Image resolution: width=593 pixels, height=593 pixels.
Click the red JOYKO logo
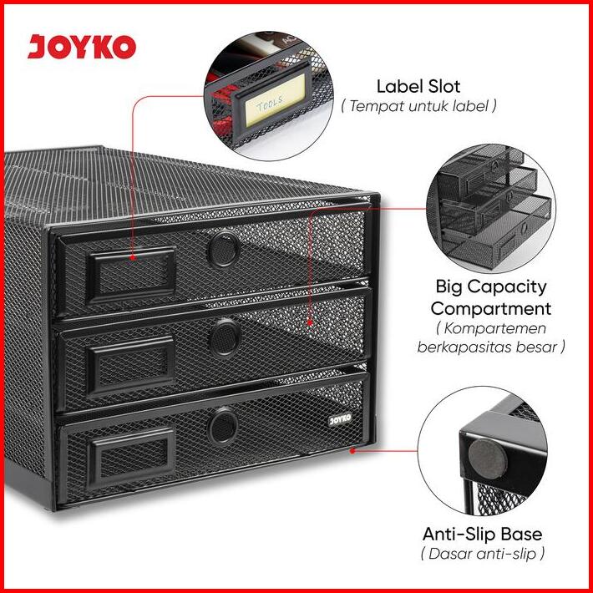click(81, 46)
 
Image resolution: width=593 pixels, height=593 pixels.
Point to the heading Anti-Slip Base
click(482, 534)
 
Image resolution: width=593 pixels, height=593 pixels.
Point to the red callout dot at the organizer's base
click(353, 450)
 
